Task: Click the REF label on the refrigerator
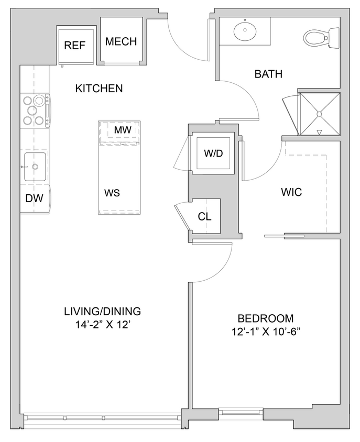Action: coord(74,46)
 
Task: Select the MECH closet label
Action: coord(121,42)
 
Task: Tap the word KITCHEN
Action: coord(99,89)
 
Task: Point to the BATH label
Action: coord(268,74)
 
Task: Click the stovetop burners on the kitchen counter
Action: coord(34,110)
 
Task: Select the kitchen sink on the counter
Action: coord(35,167)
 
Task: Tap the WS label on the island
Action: coord(112,193)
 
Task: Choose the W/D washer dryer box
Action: coord(213,154)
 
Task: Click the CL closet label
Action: coord(204,216)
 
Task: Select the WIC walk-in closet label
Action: coord(291,192)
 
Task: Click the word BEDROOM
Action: coord(265,318)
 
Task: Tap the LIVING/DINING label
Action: coord(102,312)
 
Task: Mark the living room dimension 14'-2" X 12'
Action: coord(102,325)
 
